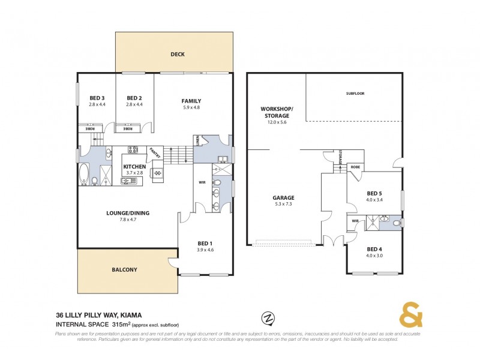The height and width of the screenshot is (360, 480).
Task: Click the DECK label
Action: (177, 55)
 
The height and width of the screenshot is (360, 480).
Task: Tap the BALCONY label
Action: (125, 270)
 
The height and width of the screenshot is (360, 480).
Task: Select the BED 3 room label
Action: (97, 98)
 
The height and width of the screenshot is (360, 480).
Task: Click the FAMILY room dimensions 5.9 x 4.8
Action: (191, 108)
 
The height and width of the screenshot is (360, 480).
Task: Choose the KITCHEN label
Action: (135, 167)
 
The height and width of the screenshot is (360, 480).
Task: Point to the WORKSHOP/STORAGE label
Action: (276, 112)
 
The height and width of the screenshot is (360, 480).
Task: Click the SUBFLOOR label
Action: (355, 94)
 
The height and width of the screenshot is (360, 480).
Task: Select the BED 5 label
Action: (374, 193)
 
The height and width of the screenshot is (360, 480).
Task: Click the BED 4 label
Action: (374, 248)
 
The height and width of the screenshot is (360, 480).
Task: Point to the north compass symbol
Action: (268, 317)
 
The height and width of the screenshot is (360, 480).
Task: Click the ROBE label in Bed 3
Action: (89, 128)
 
